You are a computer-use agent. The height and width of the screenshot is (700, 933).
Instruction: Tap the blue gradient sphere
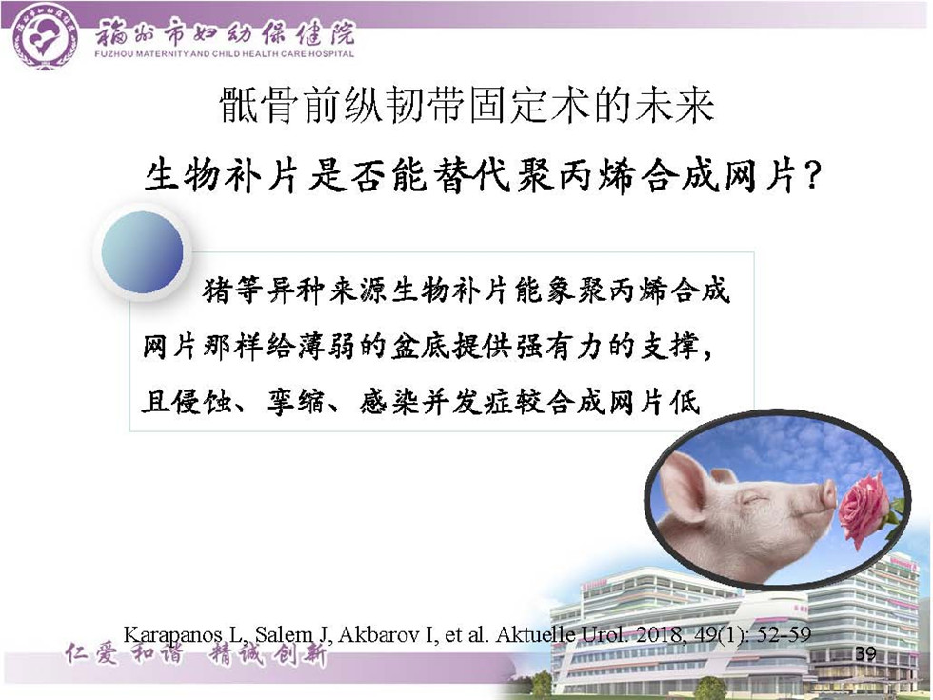point(142,251)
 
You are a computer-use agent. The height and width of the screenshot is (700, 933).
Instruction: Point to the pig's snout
point(827,494)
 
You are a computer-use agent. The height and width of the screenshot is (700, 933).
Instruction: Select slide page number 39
point(865,653)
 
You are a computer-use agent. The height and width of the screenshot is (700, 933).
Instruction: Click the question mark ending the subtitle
point(811,176)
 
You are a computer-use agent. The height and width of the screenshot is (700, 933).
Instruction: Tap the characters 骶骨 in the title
point(259,106)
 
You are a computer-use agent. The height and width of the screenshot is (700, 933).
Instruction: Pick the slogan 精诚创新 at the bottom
point(267,654)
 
